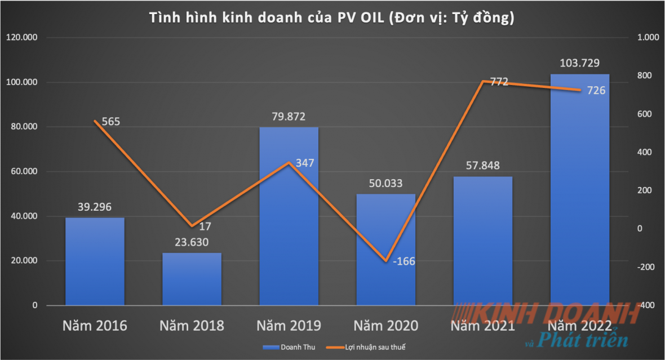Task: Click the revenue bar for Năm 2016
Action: click(95, 261)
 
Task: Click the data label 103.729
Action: click(579, 63)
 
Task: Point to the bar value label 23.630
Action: click(192, 242)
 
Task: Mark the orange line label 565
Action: click(107, 121)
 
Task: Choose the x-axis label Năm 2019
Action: click(289, 326)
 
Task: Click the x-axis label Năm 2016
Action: click(95, 326)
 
